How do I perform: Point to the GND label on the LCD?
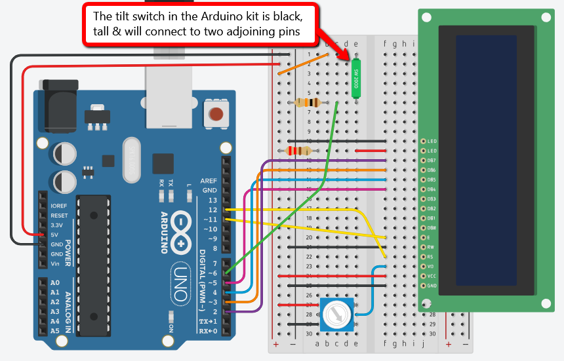(432, 286)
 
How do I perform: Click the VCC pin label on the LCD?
(432, 276)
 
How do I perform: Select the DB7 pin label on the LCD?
(432, 161)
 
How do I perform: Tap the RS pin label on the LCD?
(431, 256)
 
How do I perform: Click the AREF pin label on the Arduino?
(209, 180)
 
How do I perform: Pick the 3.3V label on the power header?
(58, 225)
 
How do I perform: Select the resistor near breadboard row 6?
(308, 102)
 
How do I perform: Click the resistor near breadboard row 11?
(298, 151)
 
